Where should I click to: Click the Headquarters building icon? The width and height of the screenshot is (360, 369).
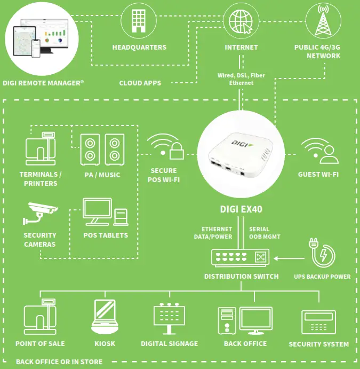pyautogui.click(x=139, y=21)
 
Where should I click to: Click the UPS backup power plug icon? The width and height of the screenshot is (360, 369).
pyautogui.click(x=322, y=253)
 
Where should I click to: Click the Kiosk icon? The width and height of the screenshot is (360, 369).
pyautogui.click(x=105, y=317)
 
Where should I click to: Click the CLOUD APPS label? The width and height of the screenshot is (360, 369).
pyautogui.click(x=140, y=83)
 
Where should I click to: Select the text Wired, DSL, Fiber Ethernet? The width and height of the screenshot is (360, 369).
pyautogui.click(x=241, y=79)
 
